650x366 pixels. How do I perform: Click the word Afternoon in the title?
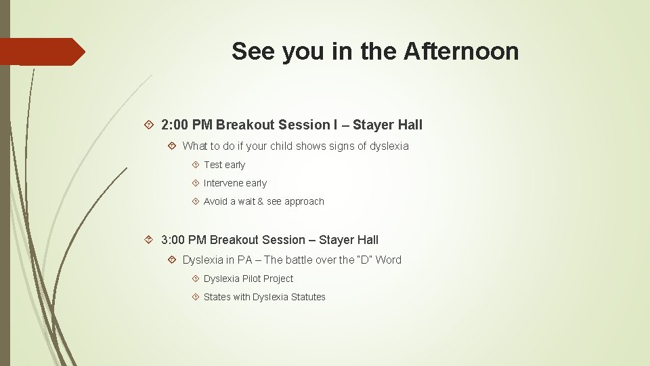461,52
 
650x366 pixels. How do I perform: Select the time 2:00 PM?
187,125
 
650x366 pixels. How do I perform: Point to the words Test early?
224,165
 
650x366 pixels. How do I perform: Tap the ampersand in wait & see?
261,201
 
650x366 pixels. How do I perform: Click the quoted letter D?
366,260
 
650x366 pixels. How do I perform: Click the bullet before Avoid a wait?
194,202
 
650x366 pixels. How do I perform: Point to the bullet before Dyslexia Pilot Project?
194,279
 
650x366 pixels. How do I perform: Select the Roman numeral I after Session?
334,125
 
